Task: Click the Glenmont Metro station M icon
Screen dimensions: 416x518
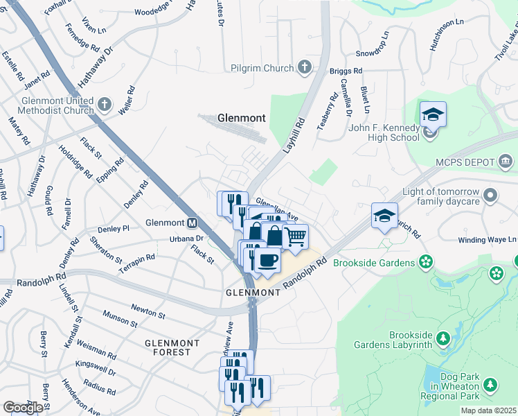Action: (x=192, y=223)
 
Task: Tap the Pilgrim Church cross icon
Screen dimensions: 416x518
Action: (x=303, y=67)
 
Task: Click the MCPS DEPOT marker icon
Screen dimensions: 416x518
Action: (x=506, y=162)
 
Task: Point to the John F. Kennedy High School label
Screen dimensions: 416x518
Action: (x=384, y=132)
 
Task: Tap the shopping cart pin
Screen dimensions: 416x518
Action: (x=296, y=237)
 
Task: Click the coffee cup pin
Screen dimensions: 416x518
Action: (x=267, y=260)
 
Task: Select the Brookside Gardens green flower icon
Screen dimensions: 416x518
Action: (x=427, y=262)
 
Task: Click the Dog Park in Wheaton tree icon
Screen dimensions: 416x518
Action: (x=490, y=384)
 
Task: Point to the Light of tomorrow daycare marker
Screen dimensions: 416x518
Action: (x=491, y=194)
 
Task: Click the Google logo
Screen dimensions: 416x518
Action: (x=22, y=408)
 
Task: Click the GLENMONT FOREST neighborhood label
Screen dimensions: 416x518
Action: (x=172, y=347)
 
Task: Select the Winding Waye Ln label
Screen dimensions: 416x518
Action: (x=488, y=240)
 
